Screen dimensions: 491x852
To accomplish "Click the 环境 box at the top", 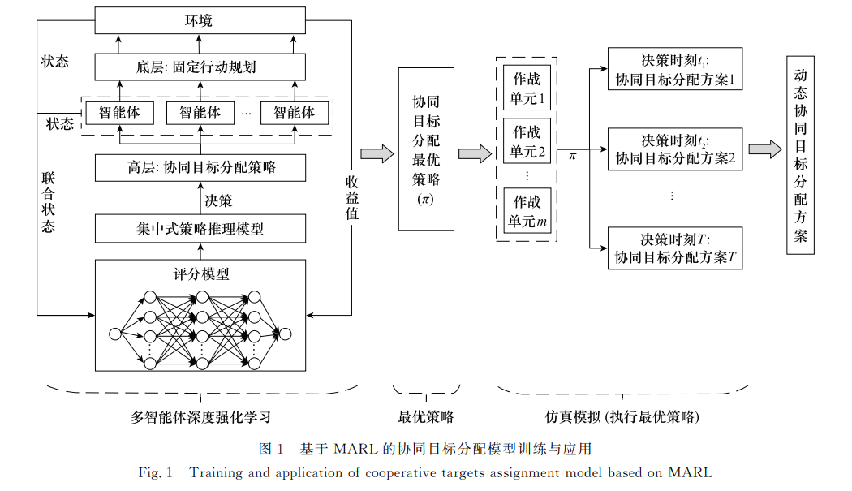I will click(200, 20).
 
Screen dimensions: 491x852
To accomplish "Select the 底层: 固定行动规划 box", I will click(200, 67).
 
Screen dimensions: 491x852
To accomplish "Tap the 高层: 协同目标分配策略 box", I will click(200, 167).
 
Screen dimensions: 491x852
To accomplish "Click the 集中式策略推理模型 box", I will click(200, 229).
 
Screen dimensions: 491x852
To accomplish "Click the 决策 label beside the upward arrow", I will click(218, 199).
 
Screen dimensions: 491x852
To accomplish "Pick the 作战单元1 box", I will click(527, 89).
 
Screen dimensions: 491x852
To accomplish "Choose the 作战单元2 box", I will click(527, 141).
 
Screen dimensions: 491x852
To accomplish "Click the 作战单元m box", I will click(527, 211).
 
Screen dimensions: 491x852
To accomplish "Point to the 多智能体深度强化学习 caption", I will click(200, 417).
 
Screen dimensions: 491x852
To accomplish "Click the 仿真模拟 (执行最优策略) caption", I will click(622, 417).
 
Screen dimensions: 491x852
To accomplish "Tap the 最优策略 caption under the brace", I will click(425, 417).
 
